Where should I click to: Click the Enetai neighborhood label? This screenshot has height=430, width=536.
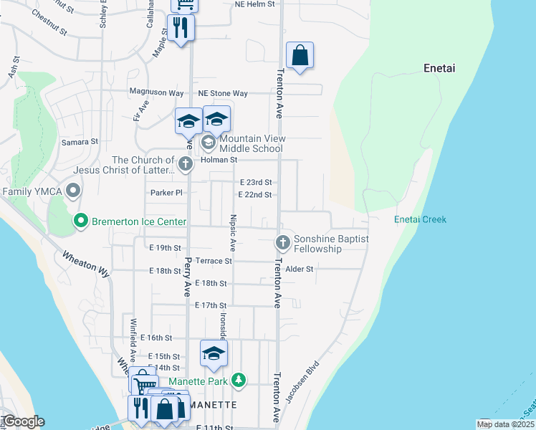[x=439, y=69]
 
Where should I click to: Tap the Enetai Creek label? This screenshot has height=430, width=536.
[x=420, y=219]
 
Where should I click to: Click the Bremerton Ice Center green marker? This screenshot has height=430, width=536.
[x=81, y=222]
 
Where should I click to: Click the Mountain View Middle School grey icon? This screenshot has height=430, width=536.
[x=209, y=143]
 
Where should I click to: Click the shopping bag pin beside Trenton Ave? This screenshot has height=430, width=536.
[x=300, y=55]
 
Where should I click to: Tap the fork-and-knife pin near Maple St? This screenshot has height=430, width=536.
[x=180, y=28]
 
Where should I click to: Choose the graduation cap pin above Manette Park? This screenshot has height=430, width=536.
[x=213, y=353]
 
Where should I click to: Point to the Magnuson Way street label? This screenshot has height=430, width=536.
[x=156, y=92]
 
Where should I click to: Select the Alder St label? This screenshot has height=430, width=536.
[x=300, y=269]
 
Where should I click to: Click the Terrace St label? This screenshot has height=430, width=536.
[x=214, y=262]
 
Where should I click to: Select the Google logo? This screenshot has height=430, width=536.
[x=23, y=421]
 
